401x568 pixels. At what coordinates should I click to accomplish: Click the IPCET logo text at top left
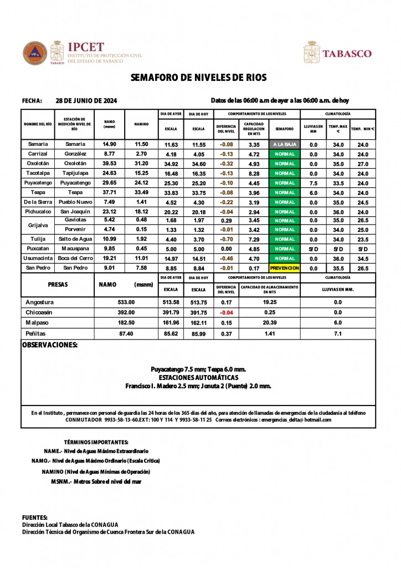85,48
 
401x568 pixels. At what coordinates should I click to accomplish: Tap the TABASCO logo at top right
347,54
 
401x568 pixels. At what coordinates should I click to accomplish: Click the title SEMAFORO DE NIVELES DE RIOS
199,78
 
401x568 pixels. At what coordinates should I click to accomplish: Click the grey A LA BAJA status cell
284,144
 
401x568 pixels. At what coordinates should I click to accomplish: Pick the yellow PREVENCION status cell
284,268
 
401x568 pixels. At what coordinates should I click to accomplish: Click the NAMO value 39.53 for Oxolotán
109,164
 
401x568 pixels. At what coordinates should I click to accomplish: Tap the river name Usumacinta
38,258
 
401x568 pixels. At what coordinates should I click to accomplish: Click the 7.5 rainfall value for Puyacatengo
313,183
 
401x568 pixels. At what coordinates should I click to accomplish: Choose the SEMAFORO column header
284,129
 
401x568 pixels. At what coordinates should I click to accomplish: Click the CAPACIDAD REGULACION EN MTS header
254,129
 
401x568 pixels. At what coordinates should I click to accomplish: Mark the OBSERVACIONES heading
49,345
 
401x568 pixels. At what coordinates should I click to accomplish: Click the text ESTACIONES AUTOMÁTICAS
198,377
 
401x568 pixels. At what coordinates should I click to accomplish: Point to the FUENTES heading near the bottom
34,517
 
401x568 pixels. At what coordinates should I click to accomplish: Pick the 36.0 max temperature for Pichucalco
338,212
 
